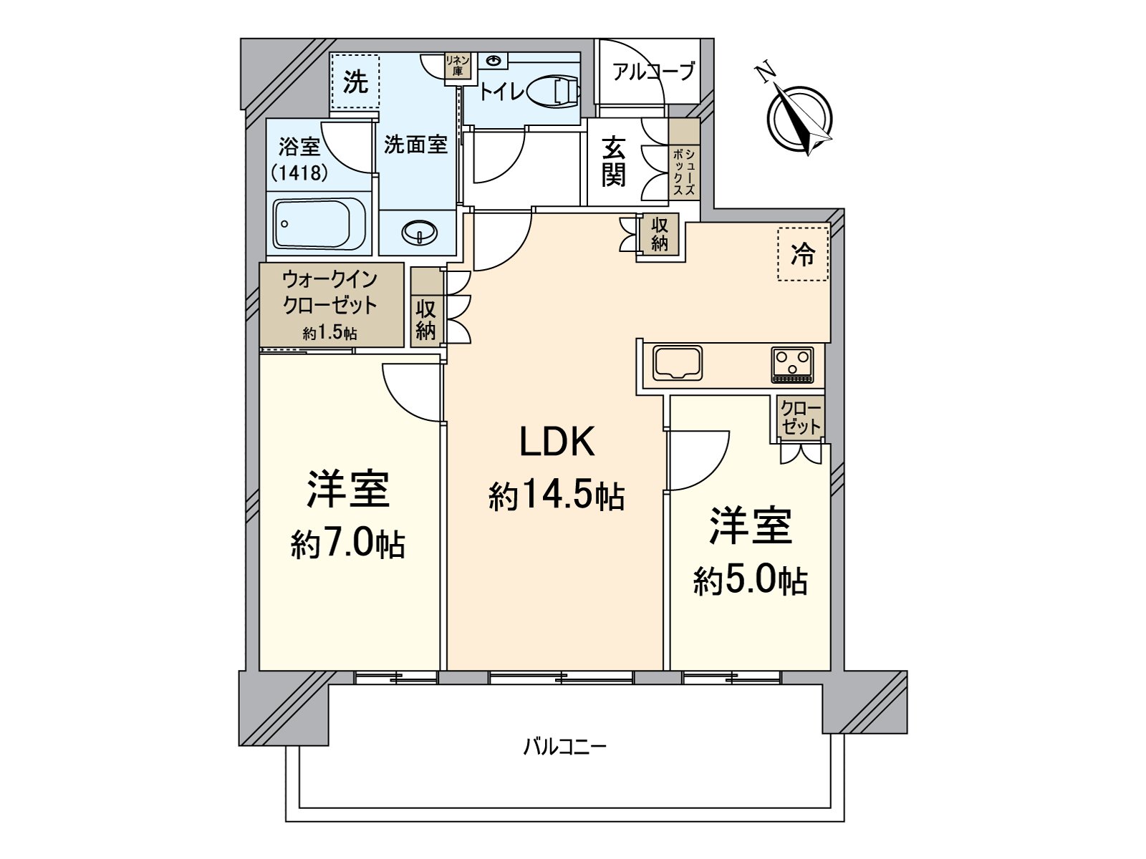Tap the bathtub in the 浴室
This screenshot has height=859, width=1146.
tap(319, 224)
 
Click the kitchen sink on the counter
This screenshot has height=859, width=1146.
tap(677, 363)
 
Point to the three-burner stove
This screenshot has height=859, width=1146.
tap(791, 364)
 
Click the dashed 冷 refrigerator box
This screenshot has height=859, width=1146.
tap(803, 254)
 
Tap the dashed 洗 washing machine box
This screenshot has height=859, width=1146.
tap(355, 82)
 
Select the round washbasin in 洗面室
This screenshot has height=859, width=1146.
tap(419, 232)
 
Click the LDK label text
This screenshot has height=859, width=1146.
tap(557, 442)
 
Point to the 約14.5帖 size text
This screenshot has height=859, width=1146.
tap(557, 495)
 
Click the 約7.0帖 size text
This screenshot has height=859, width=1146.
tap(348, 545)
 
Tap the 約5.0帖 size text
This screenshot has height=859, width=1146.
tap(750, 581)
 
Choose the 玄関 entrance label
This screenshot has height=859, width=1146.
tap(613, 162)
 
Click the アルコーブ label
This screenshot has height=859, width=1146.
tap(653, 72)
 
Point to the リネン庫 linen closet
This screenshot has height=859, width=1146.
tap(456, 67)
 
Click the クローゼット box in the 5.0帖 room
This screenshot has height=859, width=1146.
tap(801, 418)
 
